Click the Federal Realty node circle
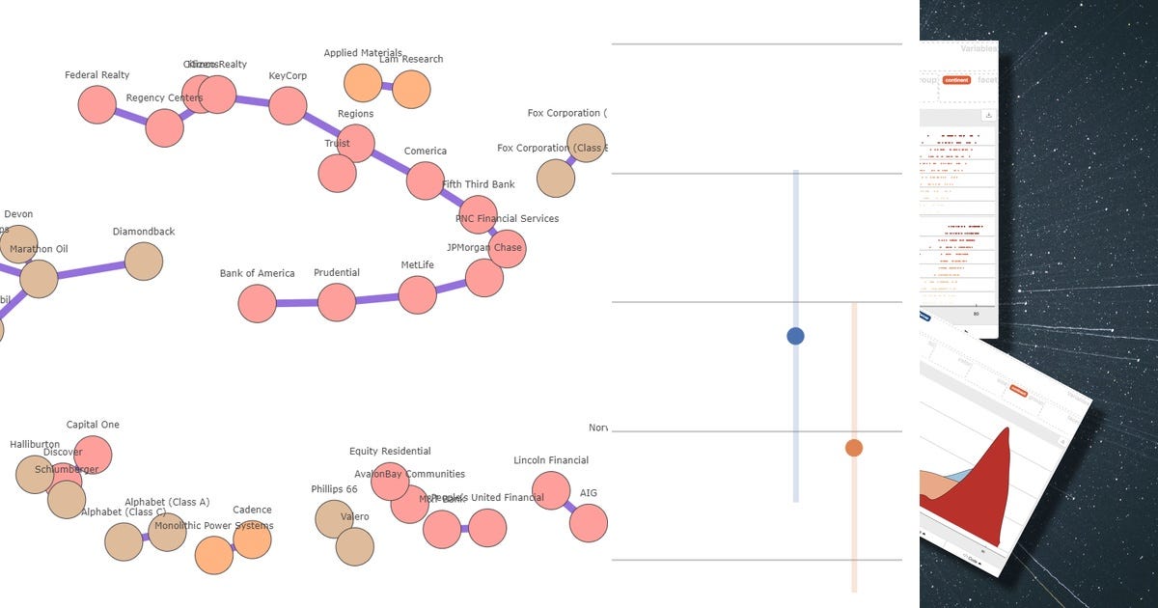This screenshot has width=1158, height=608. [x=96, y=104]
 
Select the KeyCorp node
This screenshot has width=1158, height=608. [x=288, y=105]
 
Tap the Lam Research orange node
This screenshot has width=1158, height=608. [x=411, y=90]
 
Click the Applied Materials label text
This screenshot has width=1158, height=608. [x=363, y=53]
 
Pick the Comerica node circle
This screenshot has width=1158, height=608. [x=425, y=180]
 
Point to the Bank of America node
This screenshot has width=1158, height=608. [x=257, y=303]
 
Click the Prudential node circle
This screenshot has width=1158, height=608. [x=337, y=302]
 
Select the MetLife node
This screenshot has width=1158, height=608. [x=417, y=294]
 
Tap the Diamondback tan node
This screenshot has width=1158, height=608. [x=144, y=262]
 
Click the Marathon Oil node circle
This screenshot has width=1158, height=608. [x=39, y=279]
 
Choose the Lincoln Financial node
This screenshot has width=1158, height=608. [x=551, y=490]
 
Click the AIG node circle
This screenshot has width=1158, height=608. [x=589, y=523]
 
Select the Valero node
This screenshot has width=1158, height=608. [x=355, y=546]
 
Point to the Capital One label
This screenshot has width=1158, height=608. [x=93, y=425]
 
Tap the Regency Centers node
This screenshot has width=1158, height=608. [x=164, y=127]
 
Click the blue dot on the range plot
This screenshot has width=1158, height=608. [x=795, y=336]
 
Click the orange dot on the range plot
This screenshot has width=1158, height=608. [x=853, y=448]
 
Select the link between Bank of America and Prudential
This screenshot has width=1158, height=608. [x=296, y=303]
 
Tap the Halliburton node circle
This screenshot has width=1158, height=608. [x=35, y=474]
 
